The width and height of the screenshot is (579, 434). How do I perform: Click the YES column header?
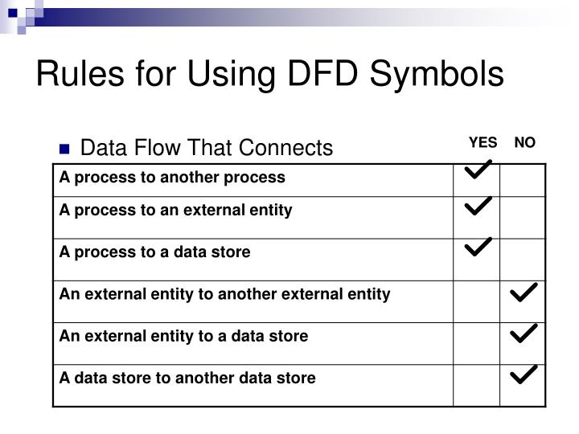482,143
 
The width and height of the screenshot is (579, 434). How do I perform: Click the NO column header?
524,143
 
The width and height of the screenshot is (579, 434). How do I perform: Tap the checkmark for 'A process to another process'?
478,170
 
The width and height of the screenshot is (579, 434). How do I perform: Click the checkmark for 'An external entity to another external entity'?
524,293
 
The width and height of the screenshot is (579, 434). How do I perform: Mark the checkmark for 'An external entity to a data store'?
524,333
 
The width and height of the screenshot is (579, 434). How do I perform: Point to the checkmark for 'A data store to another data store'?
524,374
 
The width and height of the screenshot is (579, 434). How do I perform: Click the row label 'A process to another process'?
171,177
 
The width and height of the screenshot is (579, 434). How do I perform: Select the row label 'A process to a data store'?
154,252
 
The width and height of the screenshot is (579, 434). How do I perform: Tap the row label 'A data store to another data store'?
187,378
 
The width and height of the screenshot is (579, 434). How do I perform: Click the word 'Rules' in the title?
74,74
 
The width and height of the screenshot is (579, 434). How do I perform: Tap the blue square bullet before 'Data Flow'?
65,149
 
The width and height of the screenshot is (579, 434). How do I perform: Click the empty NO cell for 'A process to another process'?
523,178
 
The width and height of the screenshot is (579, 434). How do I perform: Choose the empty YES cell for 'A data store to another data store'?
477,384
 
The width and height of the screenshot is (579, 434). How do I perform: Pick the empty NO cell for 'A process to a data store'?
523,259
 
